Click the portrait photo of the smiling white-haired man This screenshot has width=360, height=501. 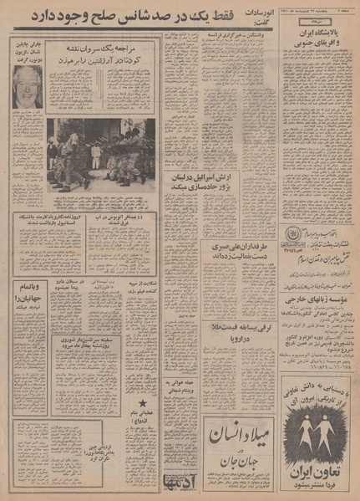(x=27, y=85)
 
